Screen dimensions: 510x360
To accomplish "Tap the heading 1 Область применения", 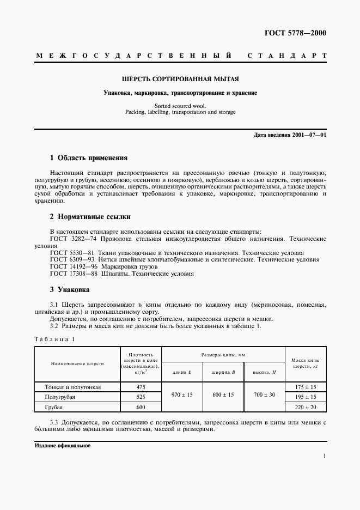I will pos(88,158).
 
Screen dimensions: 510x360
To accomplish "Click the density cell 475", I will pos(141,387).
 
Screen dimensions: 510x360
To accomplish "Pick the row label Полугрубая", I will pos(60,397).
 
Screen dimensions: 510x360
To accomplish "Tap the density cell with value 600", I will pos(141,407).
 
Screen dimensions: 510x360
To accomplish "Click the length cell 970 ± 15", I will pos(182,394).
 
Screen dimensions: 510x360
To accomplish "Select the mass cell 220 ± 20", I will pos(305,407).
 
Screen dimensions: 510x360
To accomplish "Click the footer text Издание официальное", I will pos(62,445).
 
